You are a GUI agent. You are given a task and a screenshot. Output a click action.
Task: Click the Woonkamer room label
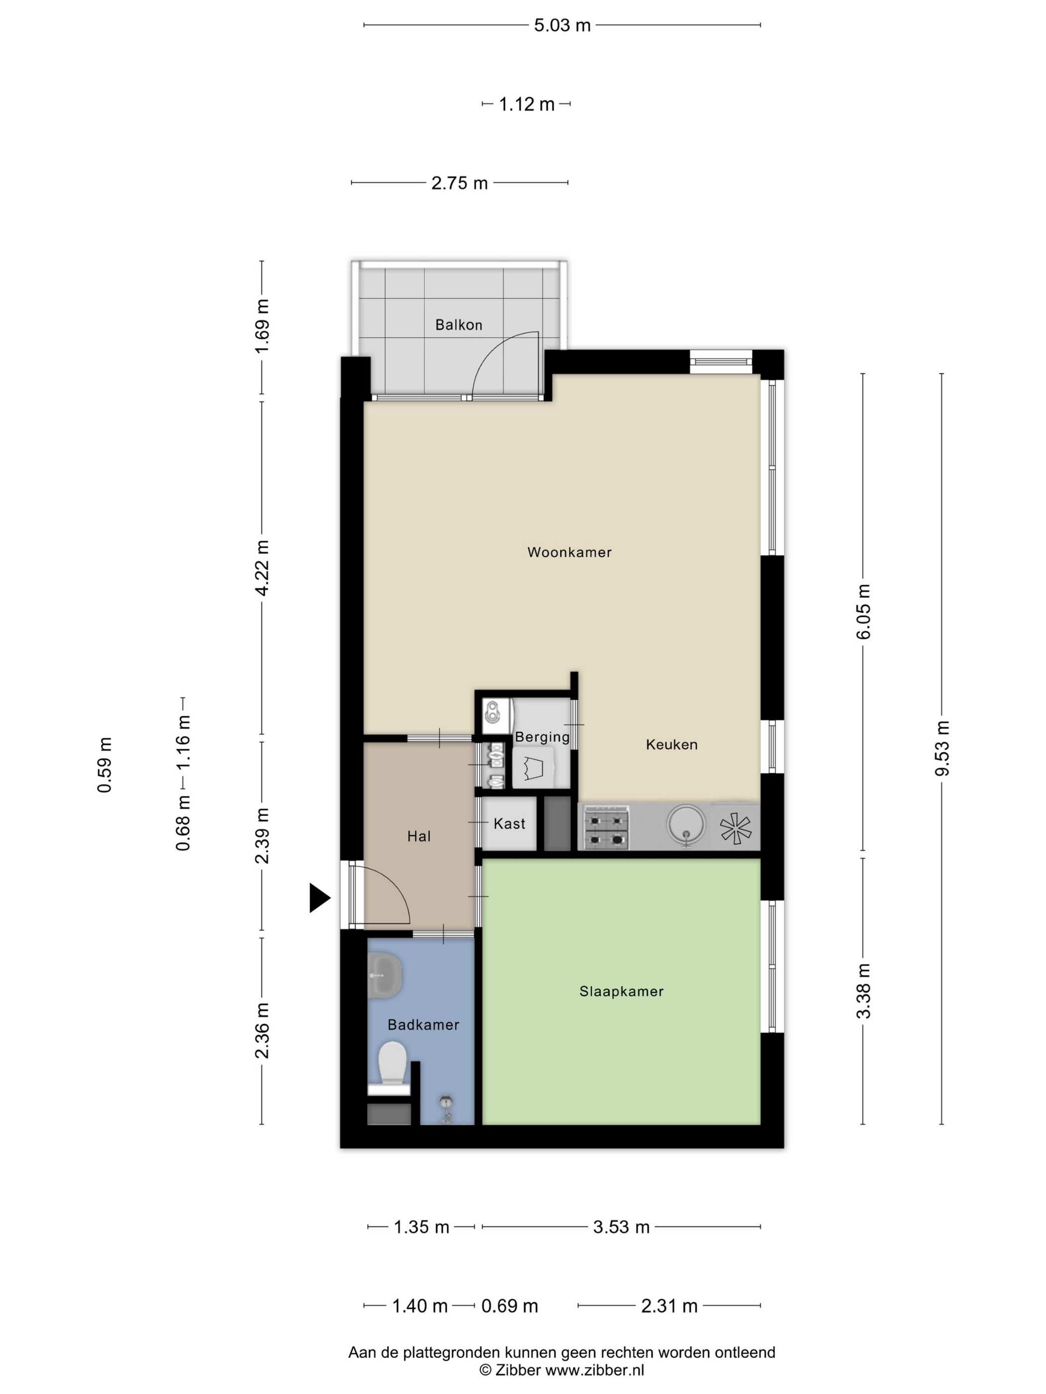[x=569, y=553]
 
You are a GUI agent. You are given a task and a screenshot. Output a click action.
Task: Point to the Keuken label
[x=671, y=745]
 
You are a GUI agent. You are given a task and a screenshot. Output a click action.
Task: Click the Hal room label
[x=419, y=837]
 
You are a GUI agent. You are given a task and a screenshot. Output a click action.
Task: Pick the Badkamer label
[x=423, y=1025]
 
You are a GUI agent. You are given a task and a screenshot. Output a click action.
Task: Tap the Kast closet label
[x=509, y=823]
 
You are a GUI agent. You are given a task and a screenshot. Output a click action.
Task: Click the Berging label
[x=542, y=737]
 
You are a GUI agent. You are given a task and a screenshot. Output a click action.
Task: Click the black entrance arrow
[x=320, y=898]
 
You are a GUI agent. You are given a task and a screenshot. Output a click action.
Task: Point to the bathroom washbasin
[x=385, y=975]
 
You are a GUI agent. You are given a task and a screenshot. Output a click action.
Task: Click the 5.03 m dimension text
[x=562, y=25]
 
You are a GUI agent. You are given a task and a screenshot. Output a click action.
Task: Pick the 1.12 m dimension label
[x=526, y=104]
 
